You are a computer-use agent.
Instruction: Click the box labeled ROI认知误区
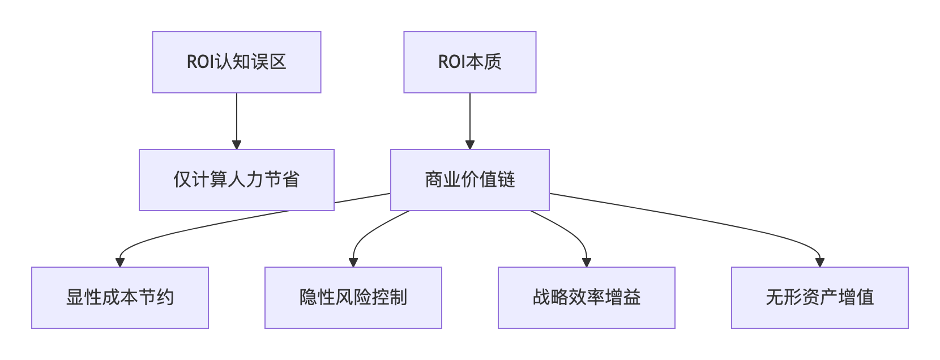point(237,62)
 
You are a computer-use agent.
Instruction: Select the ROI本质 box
point(469,62)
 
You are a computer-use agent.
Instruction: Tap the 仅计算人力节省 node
point(237,180)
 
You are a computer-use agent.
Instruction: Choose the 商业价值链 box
point(469,180)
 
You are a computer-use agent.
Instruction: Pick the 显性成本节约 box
point(120,298)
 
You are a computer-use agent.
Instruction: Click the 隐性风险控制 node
point(353,298)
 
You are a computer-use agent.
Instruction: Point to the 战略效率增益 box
point(586,298)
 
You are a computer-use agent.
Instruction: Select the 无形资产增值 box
point(819,298)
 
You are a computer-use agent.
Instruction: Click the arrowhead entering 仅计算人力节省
point(237,145)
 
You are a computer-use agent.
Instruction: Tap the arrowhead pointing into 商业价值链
point(469,145)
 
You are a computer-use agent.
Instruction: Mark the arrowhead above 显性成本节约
point(120,263)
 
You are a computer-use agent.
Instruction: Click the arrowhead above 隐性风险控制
point(353,263)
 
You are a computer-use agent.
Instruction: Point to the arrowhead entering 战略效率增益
point(587,263)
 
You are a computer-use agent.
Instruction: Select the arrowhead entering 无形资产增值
point(819,263)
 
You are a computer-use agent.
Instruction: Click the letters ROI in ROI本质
point(451,62)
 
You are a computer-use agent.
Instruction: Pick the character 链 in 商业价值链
point(507,180)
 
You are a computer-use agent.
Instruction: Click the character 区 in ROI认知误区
point(278,62)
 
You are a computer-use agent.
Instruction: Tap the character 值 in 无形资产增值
point(865,298)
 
